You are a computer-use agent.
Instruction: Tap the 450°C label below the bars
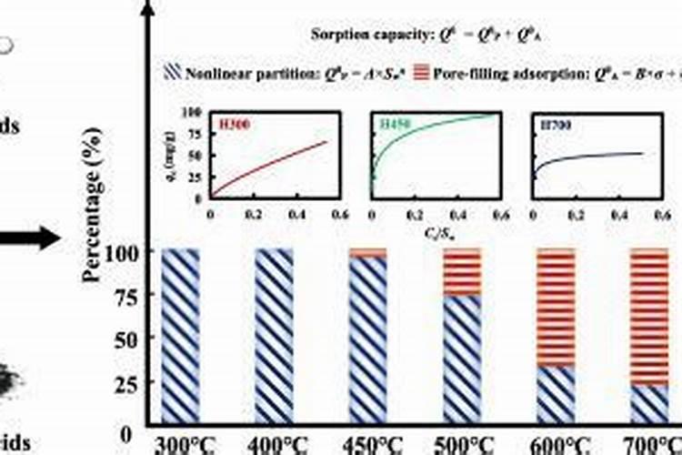point(369,445)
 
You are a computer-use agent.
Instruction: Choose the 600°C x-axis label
point(557,445)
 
